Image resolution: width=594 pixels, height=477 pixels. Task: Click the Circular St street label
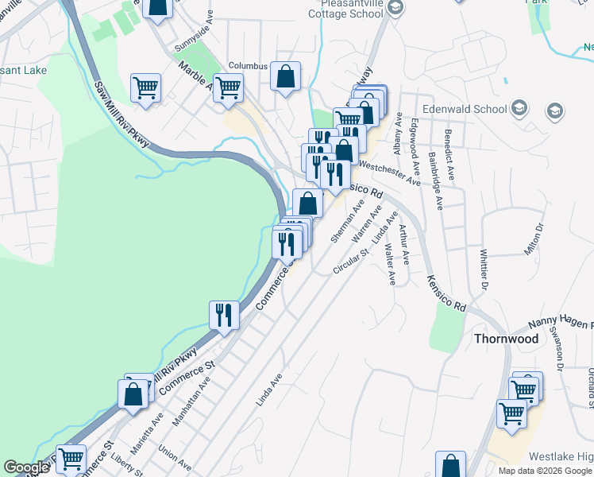click(x=351, y=261)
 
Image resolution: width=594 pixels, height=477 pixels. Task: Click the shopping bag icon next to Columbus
click(x=286, y=76)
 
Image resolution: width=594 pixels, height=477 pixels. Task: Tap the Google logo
click(x=26, y=468)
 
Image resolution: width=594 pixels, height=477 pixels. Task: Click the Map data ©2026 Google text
click(x=545, y=471)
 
